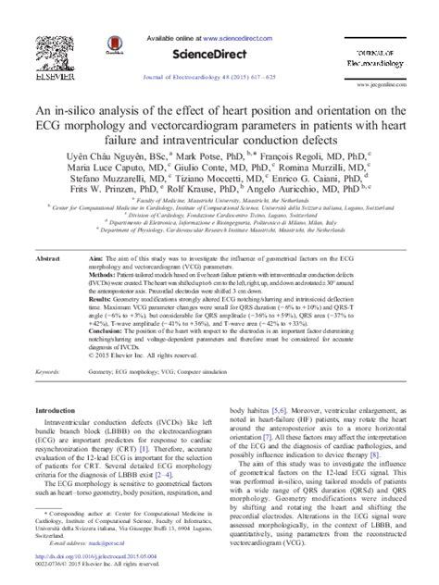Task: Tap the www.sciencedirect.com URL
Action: pos(242,39)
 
